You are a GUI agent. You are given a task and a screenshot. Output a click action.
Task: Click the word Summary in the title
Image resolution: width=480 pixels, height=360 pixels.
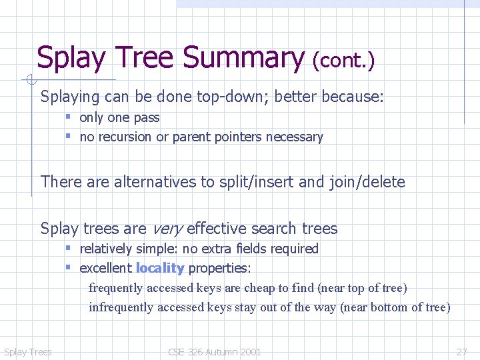tap(244, 59)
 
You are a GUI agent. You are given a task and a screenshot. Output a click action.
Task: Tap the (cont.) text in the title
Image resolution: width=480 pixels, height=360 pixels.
tap(344, 61)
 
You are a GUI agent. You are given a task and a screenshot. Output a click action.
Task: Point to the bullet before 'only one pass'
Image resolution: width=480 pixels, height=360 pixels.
tap(68, 117)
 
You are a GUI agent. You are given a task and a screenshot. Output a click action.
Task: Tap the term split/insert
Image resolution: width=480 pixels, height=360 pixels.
tap(251, 182)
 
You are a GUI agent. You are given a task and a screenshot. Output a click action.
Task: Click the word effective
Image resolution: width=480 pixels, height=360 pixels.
tap(217, 229)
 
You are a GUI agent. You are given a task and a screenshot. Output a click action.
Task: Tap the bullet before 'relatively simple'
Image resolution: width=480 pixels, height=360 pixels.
tap(68, 249)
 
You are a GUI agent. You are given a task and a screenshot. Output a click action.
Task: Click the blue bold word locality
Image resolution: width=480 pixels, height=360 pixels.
tap(160, 268)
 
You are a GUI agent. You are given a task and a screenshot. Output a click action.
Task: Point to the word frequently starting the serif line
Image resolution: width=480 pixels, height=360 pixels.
tap(116, 288)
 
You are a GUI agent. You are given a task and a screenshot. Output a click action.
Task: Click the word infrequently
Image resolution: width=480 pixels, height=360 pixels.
tap(120, 307)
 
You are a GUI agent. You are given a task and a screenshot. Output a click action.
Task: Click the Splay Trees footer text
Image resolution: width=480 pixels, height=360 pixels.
tap(27, 352)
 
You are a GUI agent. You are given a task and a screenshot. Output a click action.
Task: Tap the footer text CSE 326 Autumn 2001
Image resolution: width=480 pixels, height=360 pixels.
tap(215, 352)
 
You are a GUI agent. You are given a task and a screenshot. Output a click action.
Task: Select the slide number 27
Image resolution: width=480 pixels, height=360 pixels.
tap(461, 352)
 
